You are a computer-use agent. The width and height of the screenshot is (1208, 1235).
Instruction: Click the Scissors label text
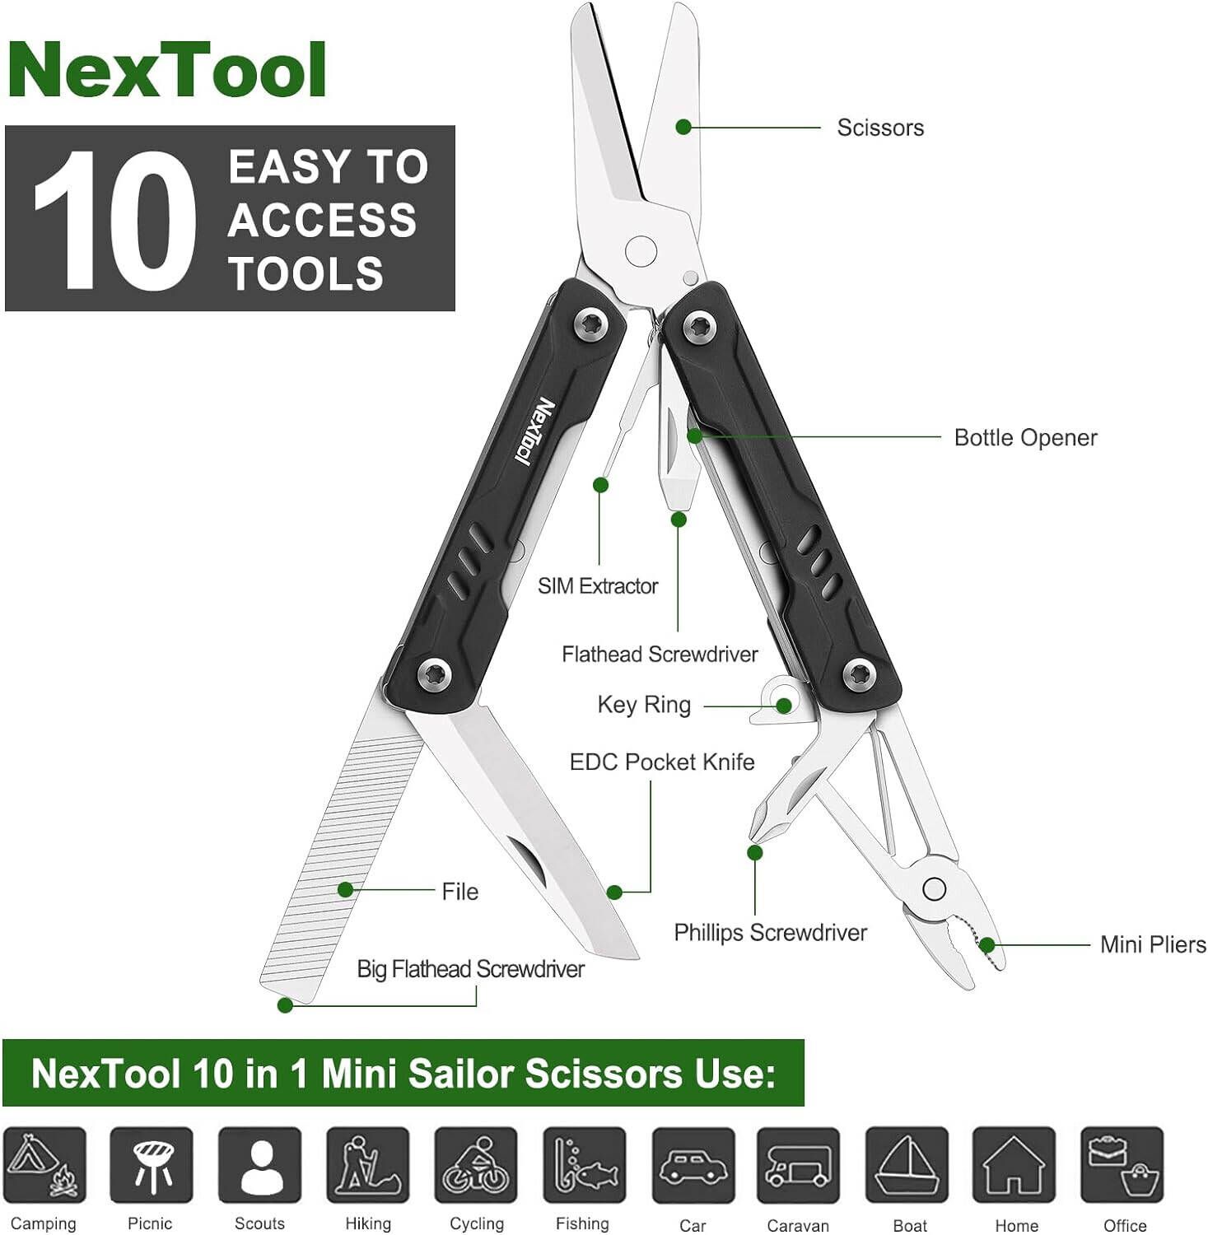pyautogui.click(x=879, y=128)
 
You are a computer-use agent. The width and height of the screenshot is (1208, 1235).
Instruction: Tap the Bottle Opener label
pyautogui.click(x=1024, y=437)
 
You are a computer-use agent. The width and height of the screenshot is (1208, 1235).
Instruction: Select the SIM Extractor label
pyautogui.click(x=597, y=586)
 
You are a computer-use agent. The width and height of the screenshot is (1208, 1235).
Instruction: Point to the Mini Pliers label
pyautogui.click(x=1152, y=944)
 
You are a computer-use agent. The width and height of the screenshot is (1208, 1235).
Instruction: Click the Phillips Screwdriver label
pyautogui.click(x=770, y=933)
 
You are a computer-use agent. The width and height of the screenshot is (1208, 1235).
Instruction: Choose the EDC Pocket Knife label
pyautogui.click(x=661, y=762)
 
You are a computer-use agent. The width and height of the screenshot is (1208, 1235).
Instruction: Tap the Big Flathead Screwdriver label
pyautogui.click(x=470, y=969)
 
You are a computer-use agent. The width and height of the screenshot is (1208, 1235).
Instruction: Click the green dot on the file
pyautogui.click(x=346, y=889)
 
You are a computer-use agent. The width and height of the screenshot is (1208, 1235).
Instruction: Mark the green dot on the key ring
pyautogui.click(x=784, y=706)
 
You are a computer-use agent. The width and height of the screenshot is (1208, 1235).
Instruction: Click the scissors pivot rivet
pyautogui.click(x=641, y=251)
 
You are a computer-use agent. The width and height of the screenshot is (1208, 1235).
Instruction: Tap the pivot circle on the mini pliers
pyautogui.click(x=934, y=889)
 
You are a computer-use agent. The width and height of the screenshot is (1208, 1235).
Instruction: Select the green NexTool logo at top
pyautogui.click(x=167, y=71)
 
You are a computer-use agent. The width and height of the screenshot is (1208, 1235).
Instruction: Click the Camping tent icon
pyautogui.click(x=44, y=1166)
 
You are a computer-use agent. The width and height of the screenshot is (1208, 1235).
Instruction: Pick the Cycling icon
pyautogui.click(x=476, y=1166)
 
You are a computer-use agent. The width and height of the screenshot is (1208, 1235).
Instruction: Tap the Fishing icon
pyautogui.click(x=584, y=1166)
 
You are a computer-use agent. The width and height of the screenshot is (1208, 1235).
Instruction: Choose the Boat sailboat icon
pyautogui.click(x=907, y=1166)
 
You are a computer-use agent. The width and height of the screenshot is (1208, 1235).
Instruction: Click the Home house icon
pyautogui.click(x=1014, y=1166)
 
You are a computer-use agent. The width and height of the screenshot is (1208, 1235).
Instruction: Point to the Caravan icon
pyautogui.click(x=798, y=1166)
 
